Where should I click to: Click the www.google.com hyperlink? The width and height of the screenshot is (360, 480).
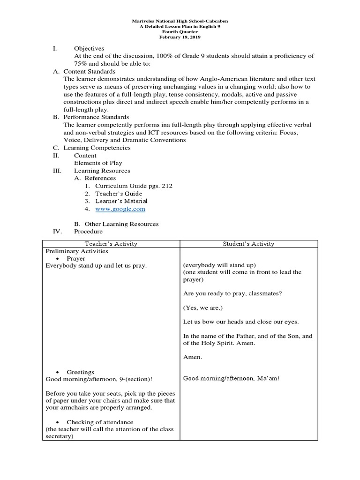tap(120, 209)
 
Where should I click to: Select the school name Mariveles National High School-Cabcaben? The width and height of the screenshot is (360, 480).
tap(180, 22)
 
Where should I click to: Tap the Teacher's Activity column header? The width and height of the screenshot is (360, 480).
tap(111, 244)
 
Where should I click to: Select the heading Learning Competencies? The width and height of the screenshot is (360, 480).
tap(97, 148)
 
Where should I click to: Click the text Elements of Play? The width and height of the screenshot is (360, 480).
tap(98, 163)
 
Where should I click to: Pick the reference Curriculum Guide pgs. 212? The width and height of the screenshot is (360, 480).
tap(134, 186)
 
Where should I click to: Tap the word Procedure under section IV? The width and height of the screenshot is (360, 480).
tap(88, 232)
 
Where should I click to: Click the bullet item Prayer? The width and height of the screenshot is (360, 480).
tap(76, 258)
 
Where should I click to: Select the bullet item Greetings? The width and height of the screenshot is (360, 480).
tap(80, 372)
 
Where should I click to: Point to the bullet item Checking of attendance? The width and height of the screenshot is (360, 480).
tap(100, 422)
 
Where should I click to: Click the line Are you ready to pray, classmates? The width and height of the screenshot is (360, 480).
tap(232, 294)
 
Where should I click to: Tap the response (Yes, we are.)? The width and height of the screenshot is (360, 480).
tap(203, 308)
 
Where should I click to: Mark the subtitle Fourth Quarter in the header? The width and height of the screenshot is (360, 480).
tap(180, 32)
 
